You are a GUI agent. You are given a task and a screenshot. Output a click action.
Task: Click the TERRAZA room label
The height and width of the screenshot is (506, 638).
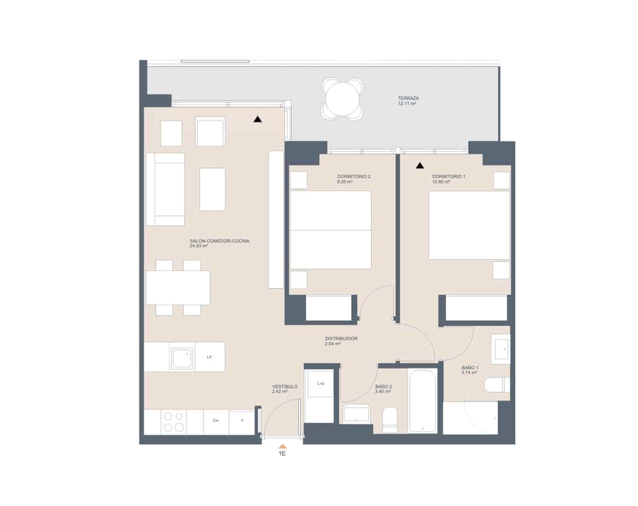click(408, 98)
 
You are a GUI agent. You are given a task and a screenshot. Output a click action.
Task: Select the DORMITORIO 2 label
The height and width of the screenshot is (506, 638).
click(353, 177)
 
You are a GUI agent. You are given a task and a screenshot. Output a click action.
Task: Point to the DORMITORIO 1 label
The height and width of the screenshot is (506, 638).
click(449, 177)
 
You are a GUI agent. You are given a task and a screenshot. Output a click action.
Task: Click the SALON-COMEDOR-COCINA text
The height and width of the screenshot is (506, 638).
click(220, 241)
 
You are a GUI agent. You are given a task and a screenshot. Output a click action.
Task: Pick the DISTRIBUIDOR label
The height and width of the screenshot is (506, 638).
click(341, 339)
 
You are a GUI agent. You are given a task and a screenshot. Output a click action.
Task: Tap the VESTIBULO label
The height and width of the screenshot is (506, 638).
click(285, 386)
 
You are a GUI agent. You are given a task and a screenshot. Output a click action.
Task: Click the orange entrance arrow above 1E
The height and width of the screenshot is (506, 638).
click(282, 446)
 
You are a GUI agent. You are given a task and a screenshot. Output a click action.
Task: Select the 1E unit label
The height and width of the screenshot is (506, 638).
click(282, 454)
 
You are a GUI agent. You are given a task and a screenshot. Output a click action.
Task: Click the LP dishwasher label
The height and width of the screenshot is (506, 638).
click(209, 357)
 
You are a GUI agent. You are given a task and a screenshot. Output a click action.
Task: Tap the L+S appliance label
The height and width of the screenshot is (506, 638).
click(320, 384)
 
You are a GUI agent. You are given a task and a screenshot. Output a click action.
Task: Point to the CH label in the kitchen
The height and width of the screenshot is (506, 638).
click(216, 421)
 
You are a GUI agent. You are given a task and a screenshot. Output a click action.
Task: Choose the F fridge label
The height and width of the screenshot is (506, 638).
click(242, 421)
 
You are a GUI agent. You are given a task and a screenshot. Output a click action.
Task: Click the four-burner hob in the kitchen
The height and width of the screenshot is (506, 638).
click(173, 422)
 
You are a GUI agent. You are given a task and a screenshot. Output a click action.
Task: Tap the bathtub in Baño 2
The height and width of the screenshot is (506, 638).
click(423, 401)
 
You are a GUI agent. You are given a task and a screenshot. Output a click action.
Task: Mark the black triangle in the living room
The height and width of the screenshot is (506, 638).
click(257, 119)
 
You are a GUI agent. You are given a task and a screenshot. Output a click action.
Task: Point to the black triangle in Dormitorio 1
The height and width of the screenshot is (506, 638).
click(419, 165)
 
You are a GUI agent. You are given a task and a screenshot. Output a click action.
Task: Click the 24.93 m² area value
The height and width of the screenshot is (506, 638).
click(199, 246)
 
